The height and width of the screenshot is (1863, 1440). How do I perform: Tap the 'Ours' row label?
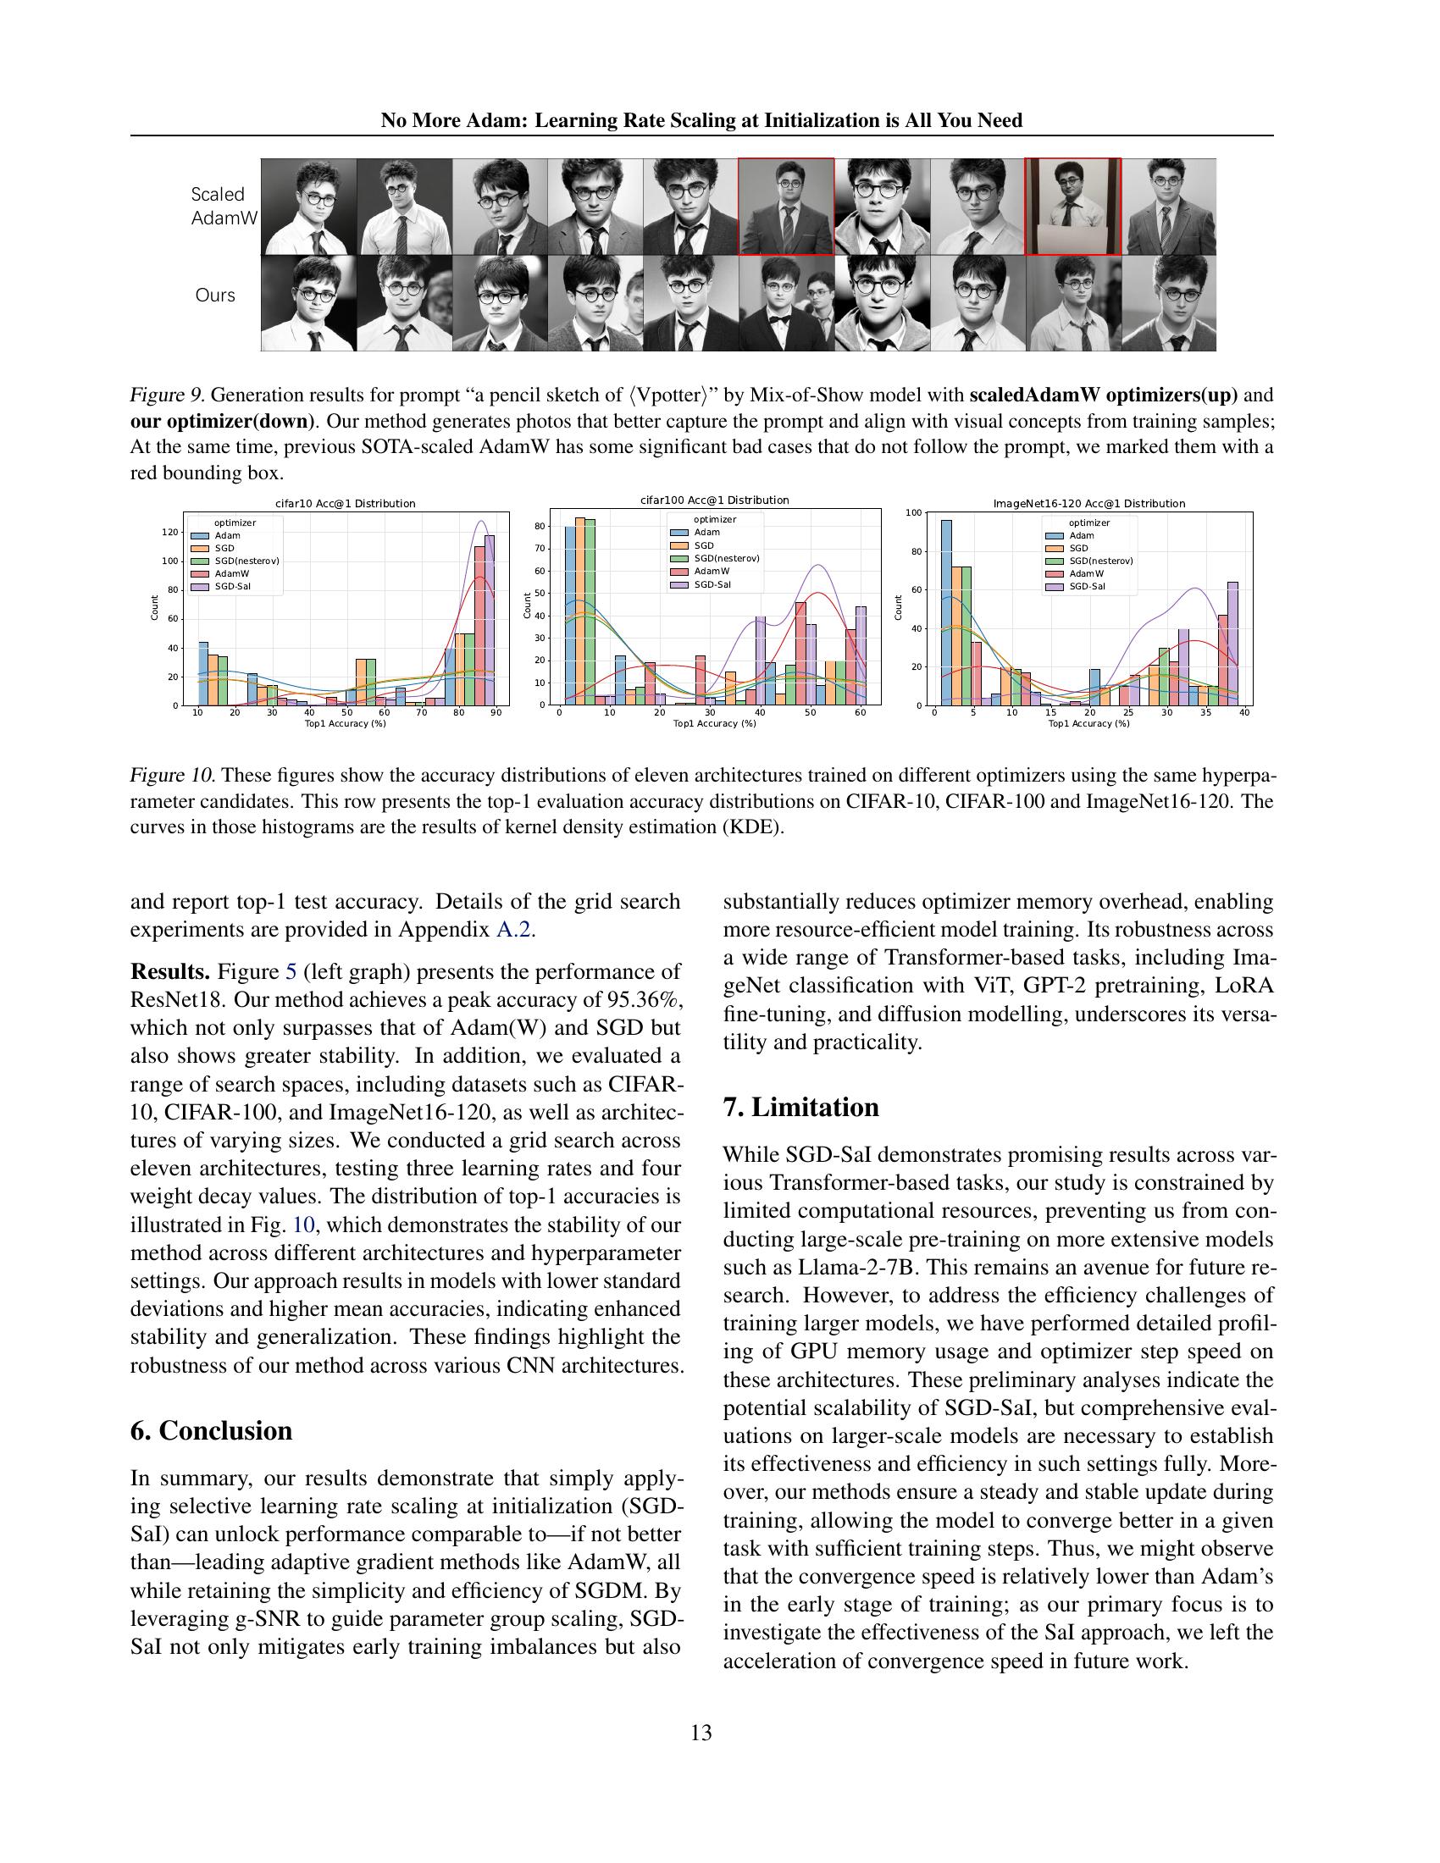click(215, 296)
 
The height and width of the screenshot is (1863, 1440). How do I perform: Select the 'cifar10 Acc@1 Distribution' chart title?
click(346, 503)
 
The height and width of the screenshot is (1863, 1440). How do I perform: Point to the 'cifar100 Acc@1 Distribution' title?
click(715, 500)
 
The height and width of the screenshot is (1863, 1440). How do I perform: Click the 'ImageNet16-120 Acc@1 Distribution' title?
click(1089, 503)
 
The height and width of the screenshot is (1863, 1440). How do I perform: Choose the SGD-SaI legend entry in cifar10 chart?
click(231, 586)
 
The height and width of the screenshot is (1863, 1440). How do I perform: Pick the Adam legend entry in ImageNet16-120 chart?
click(1081, 536)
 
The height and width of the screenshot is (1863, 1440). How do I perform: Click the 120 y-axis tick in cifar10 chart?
click(169, 533)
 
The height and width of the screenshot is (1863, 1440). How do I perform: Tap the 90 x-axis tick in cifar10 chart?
click(496, 712)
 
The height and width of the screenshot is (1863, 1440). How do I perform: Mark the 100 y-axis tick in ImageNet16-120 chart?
click(913, 512)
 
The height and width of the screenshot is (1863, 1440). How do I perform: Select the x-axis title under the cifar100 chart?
click(715, 723)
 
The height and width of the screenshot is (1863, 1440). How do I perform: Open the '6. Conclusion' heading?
click(211, 1430)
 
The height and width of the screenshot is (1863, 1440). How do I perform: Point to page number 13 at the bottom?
click(701, 1733)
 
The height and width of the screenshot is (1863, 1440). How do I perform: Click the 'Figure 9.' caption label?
click(166, 395)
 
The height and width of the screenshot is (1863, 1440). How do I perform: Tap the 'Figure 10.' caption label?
click(171, 776)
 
